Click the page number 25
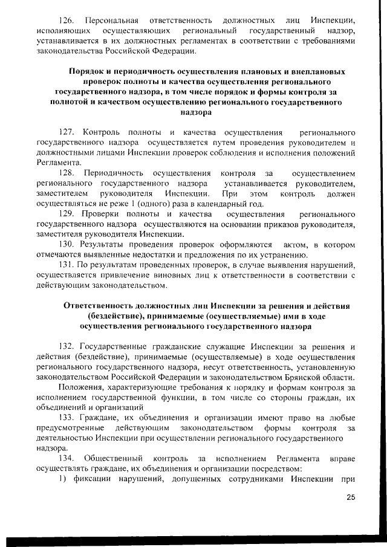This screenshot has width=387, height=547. coord(351,498)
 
